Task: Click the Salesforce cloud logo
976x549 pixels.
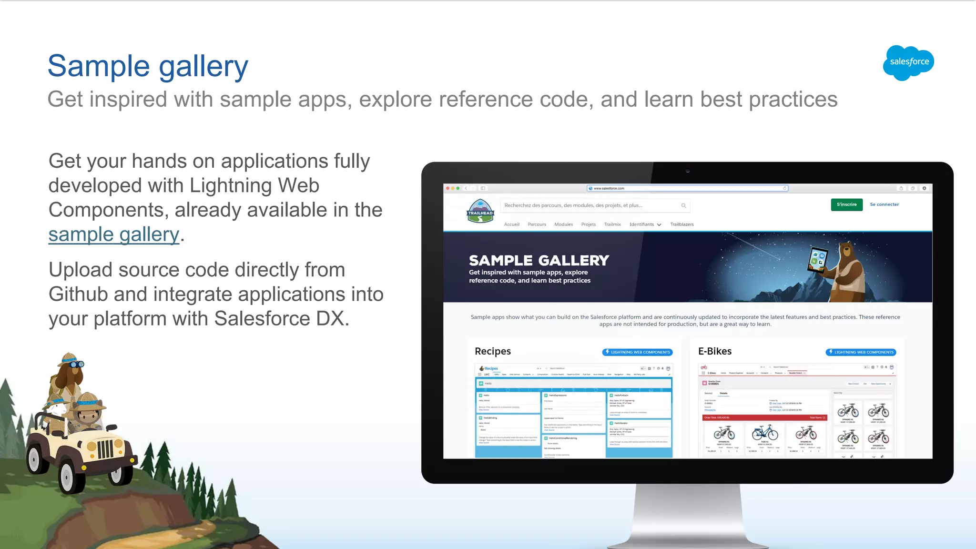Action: tap(908, 62)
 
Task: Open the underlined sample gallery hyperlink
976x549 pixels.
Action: tap(114, 234)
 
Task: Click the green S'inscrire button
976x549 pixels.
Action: tap(846, 204)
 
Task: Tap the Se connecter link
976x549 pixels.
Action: tap(884, 204)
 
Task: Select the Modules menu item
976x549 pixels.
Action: tap(563, 224)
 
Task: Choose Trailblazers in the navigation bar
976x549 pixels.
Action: tap(681, 224)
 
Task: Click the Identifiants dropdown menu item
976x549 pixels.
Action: tap(644, 224)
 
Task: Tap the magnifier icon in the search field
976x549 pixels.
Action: tap(683, 205)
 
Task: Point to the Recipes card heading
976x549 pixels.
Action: tap(493, 351)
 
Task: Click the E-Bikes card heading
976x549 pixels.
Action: tap(715, 351)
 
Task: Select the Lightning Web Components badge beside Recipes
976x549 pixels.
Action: tap(637, 352)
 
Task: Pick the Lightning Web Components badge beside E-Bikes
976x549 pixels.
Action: tap(861, 352)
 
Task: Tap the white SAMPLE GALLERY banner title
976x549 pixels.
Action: tap(539, 260)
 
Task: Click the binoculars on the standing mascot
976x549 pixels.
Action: tap(77, 364)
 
